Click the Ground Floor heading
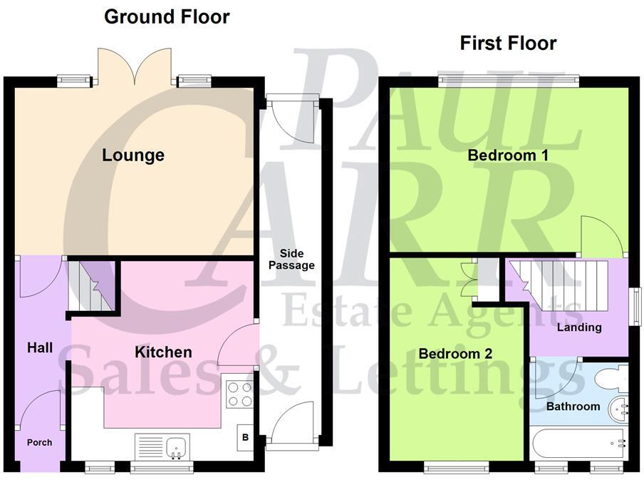(x=167, y=16)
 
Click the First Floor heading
(x=508, y=43)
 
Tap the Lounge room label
(x=133, y=155)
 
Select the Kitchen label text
(x=164, y=352)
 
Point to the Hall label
(x=40, y=348)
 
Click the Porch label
(x=40, y=442)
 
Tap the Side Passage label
(x=296, y=260)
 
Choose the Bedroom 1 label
(x=508, y=155)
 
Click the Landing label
(x=579, y=327)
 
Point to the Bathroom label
(x=573, y=406)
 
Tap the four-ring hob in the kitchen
(x=239, y=393)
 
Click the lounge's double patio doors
(x=135, y=68)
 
